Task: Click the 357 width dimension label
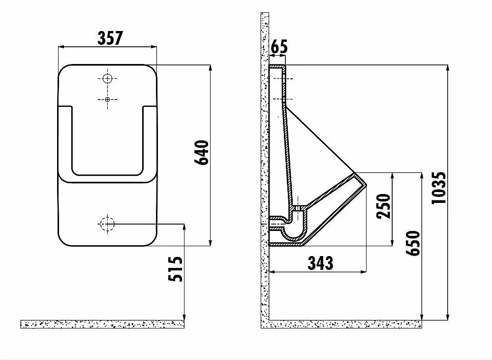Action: (x=110, y=38)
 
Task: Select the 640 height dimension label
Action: (x=201, y=152)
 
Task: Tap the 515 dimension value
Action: (x=176, y=269)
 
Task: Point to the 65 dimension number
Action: (x=279, y=46)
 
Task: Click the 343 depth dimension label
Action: (x=320, y=263)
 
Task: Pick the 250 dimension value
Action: (x=384, y=206)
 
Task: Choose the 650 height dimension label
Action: (x=413, y=243)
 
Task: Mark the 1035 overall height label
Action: (x=438, y=188)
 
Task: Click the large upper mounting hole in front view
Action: (x=107, y=78)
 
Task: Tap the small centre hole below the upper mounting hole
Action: (x=107, y=99)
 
